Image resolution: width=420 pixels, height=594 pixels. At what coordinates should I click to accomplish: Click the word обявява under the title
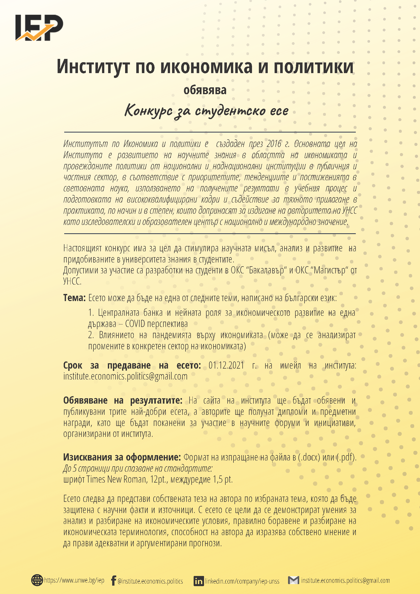(205, 90)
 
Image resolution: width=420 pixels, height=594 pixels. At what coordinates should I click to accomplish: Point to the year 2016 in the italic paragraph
(274, 144)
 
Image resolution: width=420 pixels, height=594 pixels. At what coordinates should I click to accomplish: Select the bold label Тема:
(74, 298)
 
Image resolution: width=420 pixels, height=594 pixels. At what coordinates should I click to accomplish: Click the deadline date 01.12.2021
(226, 365)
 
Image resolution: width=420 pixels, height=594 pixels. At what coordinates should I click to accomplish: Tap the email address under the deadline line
(125, 376)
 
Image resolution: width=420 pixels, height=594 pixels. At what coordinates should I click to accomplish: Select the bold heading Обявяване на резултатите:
(123, 400)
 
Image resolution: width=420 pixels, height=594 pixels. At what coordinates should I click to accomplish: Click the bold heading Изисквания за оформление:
(122, 457)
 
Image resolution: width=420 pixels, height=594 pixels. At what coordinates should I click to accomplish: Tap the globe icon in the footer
(37, 580)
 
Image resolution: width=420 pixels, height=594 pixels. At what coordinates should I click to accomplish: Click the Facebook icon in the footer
(113, 581)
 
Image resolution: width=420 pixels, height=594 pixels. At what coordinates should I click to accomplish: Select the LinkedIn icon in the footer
(198, 581)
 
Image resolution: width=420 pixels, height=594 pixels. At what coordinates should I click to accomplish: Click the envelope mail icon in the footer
(294, 580)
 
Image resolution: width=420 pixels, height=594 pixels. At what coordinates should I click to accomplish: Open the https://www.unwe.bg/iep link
(74, 580)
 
